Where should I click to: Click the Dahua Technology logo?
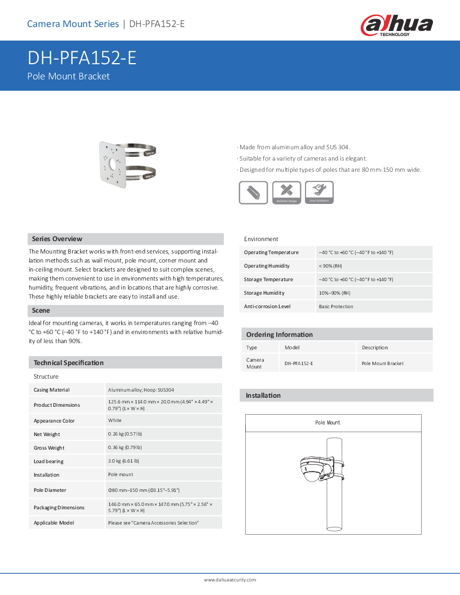click(397, 25)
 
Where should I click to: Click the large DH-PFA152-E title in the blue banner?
click(82, 59)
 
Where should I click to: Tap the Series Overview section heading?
click(57, 239)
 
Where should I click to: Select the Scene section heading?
click(41, 310)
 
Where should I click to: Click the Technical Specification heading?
click(68, 363)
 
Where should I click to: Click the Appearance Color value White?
click(114, 421)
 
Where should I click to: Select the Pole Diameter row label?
click(50, 491)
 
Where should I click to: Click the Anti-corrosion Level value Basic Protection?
click(336, 307)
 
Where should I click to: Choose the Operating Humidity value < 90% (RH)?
click(330, 266)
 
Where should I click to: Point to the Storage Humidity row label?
click(264, 293)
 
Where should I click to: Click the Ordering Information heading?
click(279, 335)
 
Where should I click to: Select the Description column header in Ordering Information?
click(375, 348)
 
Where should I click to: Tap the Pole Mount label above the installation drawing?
click(328, 423)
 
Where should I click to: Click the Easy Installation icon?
click(319, 193)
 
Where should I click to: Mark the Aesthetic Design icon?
click(286, 193)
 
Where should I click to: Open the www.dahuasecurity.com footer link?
click(230, 580)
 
